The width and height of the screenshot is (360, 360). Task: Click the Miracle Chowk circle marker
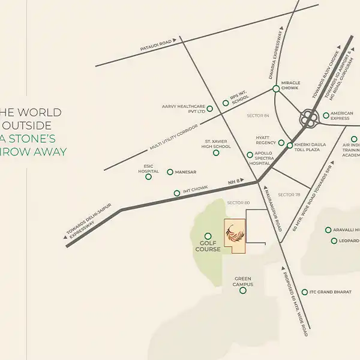[276, 89]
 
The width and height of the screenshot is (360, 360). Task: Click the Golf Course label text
[208, 246]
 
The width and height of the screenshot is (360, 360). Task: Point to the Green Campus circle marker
[243, 290]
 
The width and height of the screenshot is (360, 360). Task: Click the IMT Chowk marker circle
[177, 193]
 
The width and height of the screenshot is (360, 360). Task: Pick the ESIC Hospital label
[148, 168]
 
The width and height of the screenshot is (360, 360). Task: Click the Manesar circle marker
[170, 172]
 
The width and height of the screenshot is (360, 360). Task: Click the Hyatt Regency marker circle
[281, 143]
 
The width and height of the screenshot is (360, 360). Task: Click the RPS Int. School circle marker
[226, 103]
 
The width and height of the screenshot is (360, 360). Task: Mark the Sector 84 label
[257, 116]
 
